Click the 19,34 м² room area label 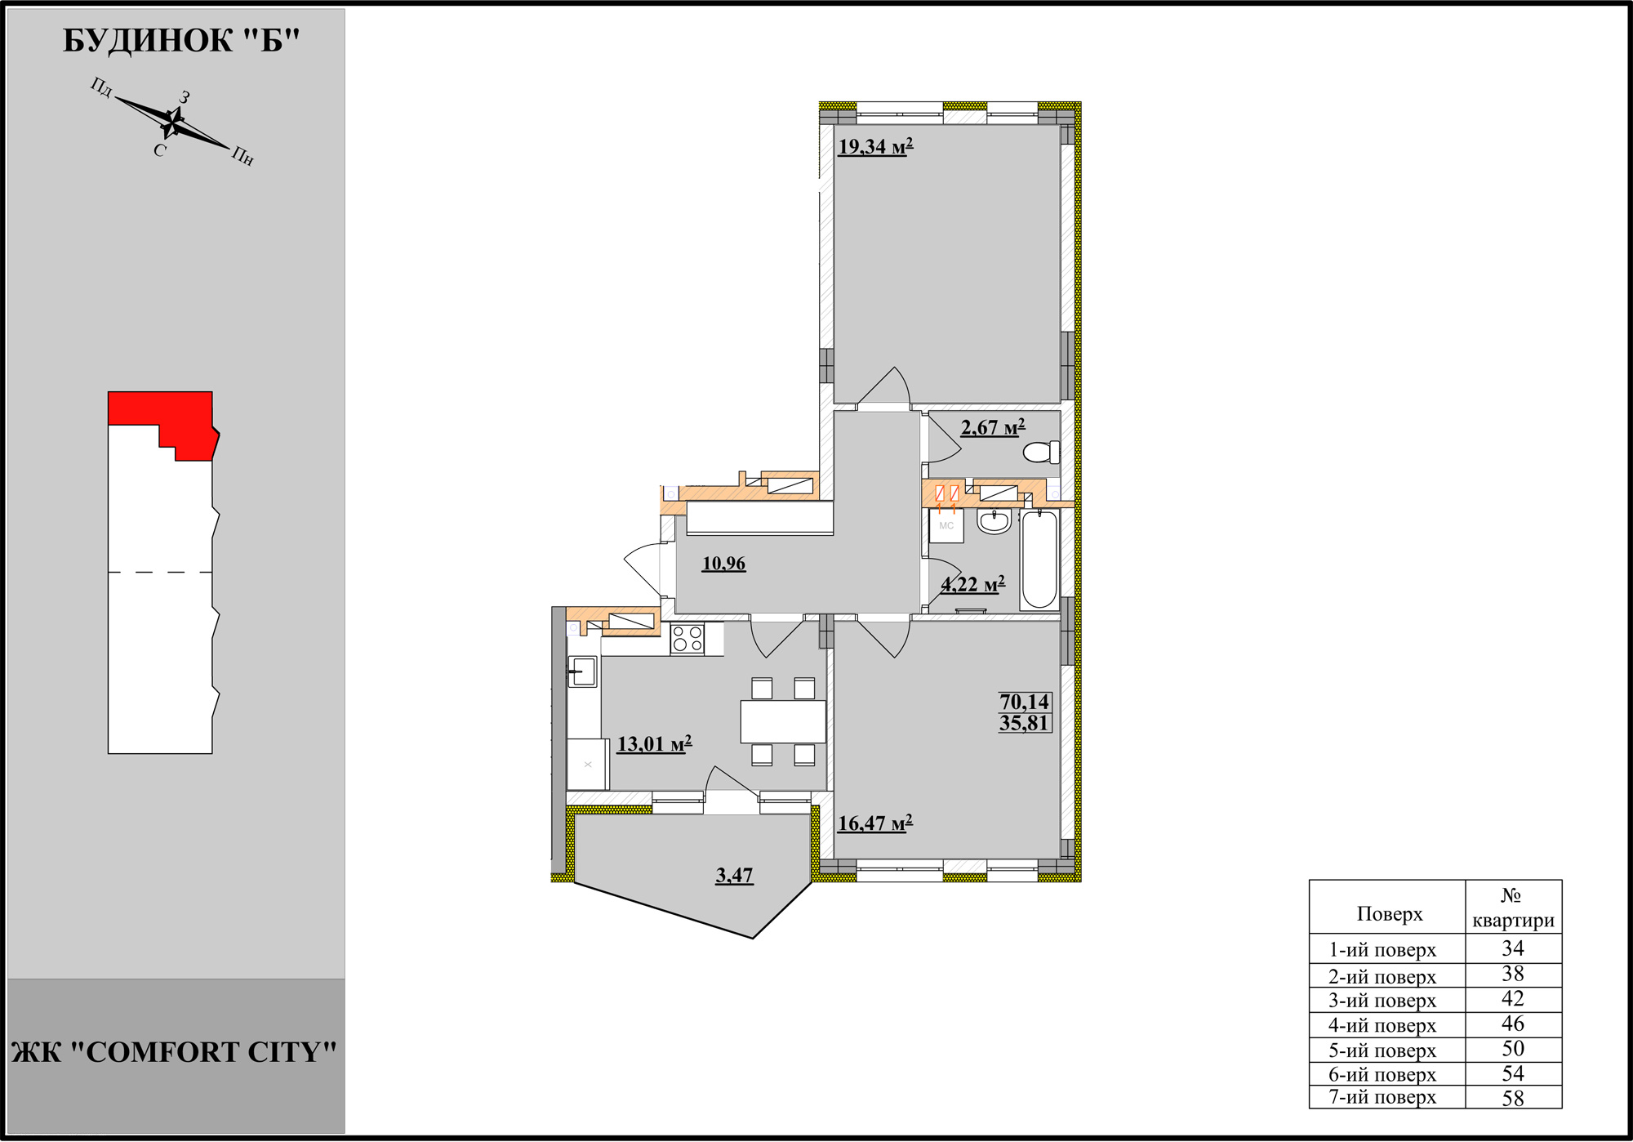pos(875,147)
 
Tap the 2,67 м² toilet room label pos(993,427)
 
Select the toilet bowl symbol pos(1042,453)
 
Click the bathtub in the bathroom pos(1039,560)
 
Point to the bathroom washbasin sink pos(994,522)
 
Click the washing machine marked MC pos(947,525)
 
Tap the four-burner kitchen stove pos(687,639)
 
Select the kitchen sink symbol pos(582,671)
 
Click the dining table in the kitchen pos(783,721)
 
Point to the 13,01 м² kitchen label pos(654,744)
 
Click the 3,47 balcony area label pos(734,876)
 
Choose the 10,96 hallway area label pos(723,564)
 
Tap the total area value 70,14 pos(1025,702)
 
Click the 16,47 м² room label pos(875,823)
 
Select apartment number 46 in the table pos(1513,1024)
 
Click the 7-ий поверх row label pos(1382,1097)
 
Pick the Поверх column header pos(1390,914)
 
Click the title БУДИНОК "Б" pos(181,40)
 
